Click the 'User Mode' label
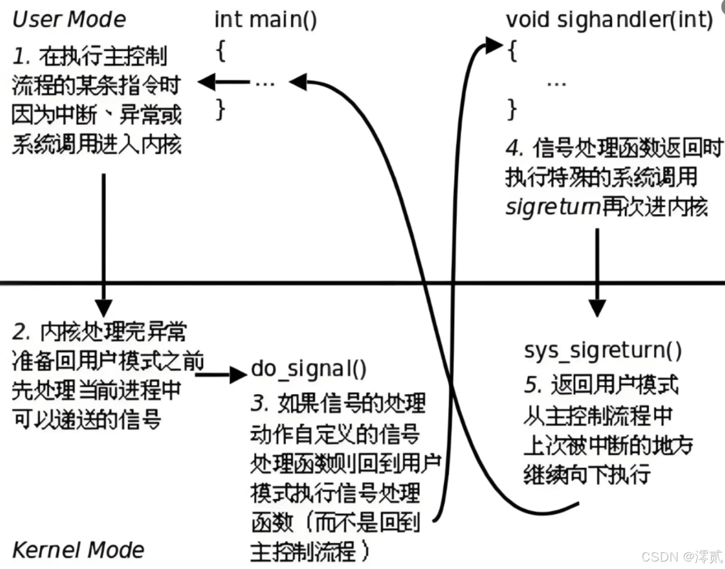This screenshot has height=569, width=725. (x=69, y=19)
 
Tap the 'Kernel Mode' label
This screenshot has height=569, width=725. (x=78, y=550)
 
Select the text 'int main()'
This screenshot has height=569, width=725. (x=265, y=20)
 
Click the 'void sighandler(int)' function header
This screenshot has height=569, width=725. (x=609, y=20)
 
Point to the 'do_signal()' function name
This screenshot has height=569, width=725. (x=309, y=369)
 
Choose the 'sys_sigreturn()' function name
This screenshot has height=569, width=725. (x=602, y=350)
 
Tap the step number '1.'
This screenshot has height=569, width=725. (x=22, y=56)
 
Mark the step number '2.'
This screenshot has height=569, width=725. (x=22, y=331)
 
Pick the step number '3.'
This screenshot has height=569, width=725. (x=260, y=403)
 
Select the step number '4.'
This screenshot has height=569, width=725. (x=514, y=148)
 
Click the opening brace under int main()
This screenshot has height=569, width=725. (x=221, y=52)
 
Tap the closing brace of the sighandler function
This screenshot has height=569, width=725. (x=512, y=109)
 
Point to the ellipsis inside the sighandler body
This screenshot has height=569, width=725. (x=556, y=84)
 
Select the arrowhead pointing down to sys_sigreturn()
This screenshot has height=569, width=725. (x=597, y=308)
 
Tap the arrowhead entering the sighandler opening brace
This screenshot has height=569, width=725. (x=493, y=45)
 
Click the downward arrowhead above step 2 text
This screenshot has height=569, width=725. (x=103, y=307)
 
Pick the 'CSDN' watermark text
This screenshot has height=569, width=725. (x=659, y=557)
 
